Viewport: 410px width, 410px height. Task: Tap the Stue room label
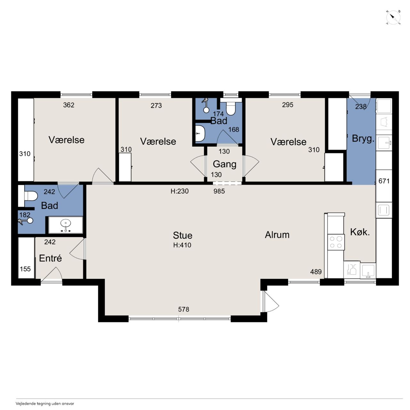tap(182, 235)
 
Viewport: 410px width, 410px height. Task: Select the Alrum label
tap(277, 235)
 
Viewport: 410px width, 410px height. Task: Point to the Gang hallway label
tap(225, 164)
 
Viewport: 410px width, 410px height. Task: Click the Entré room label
tap(50, 258)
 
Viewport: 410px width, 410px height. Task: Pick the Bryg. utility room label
tap(363, 138)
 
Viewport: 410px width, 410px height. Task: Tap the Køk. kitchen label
tap(360, 232)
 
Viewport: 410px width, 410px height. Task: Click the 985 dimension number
tap(219, 191)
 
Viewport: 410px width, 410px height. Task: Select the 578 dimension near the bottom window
tap(184, 309)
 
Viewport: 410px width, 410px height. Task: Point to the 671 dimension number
tap(384, 181)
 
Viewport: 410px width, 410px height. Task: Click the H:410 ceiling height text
tap(182, 245)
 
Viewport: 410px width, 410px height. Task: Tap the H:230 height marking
tap(180, 191)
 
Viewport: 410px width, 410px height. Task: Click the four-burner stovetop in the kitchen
tap(336, 242)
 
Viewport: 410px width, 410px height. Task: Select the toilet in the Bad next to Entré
tap(31, 196)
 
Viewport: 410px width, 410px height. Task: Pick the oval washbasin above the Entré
tap(66, 223)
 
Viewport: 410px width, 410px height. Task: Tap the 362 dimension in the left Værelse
tap(69, 105)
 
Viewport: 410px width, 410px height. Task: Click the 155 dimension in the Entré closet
tap(25, 269)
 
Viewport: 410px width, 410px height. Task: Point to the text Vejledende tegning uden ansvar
tap(45, 403)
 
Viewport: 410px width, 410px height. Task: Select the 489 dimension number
tap(316, 272)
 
